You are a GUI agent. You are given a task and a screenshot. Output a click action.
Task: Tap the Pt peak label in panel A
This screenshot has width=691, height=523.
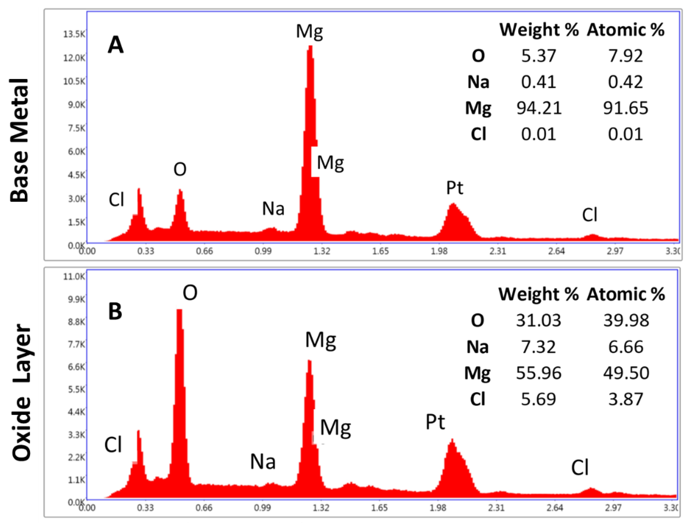(455, 188)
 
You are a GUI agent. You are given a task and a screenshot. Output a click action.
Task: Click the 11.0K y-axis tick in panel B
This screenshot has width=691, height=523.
(74, 276)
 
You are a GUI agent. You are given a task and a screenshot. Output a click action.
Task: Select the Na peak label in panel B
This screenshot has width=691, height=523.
(263, 462)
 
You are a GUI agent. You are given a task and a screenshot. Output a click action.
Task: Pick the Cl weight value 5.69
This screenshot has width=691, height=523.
(538, 399)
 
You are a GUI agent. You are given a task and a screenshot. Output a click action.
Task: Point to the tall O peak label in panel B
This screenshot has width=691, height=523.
(190, 293)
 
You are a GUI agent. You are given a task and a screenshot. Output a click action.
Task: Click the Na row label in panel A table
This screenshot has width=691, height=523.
(478, 82)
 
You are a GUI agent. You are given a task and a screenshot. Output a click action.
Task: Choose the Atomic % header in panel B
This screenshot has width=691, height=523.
(626, 294)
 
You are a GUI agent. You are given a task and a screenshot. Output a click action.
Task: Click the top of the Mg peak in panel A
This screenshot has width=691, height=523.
(310, 47)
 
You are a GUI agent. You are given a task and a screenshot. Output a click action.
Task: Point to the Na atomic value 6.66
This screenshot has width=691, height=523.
(626, 347)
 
